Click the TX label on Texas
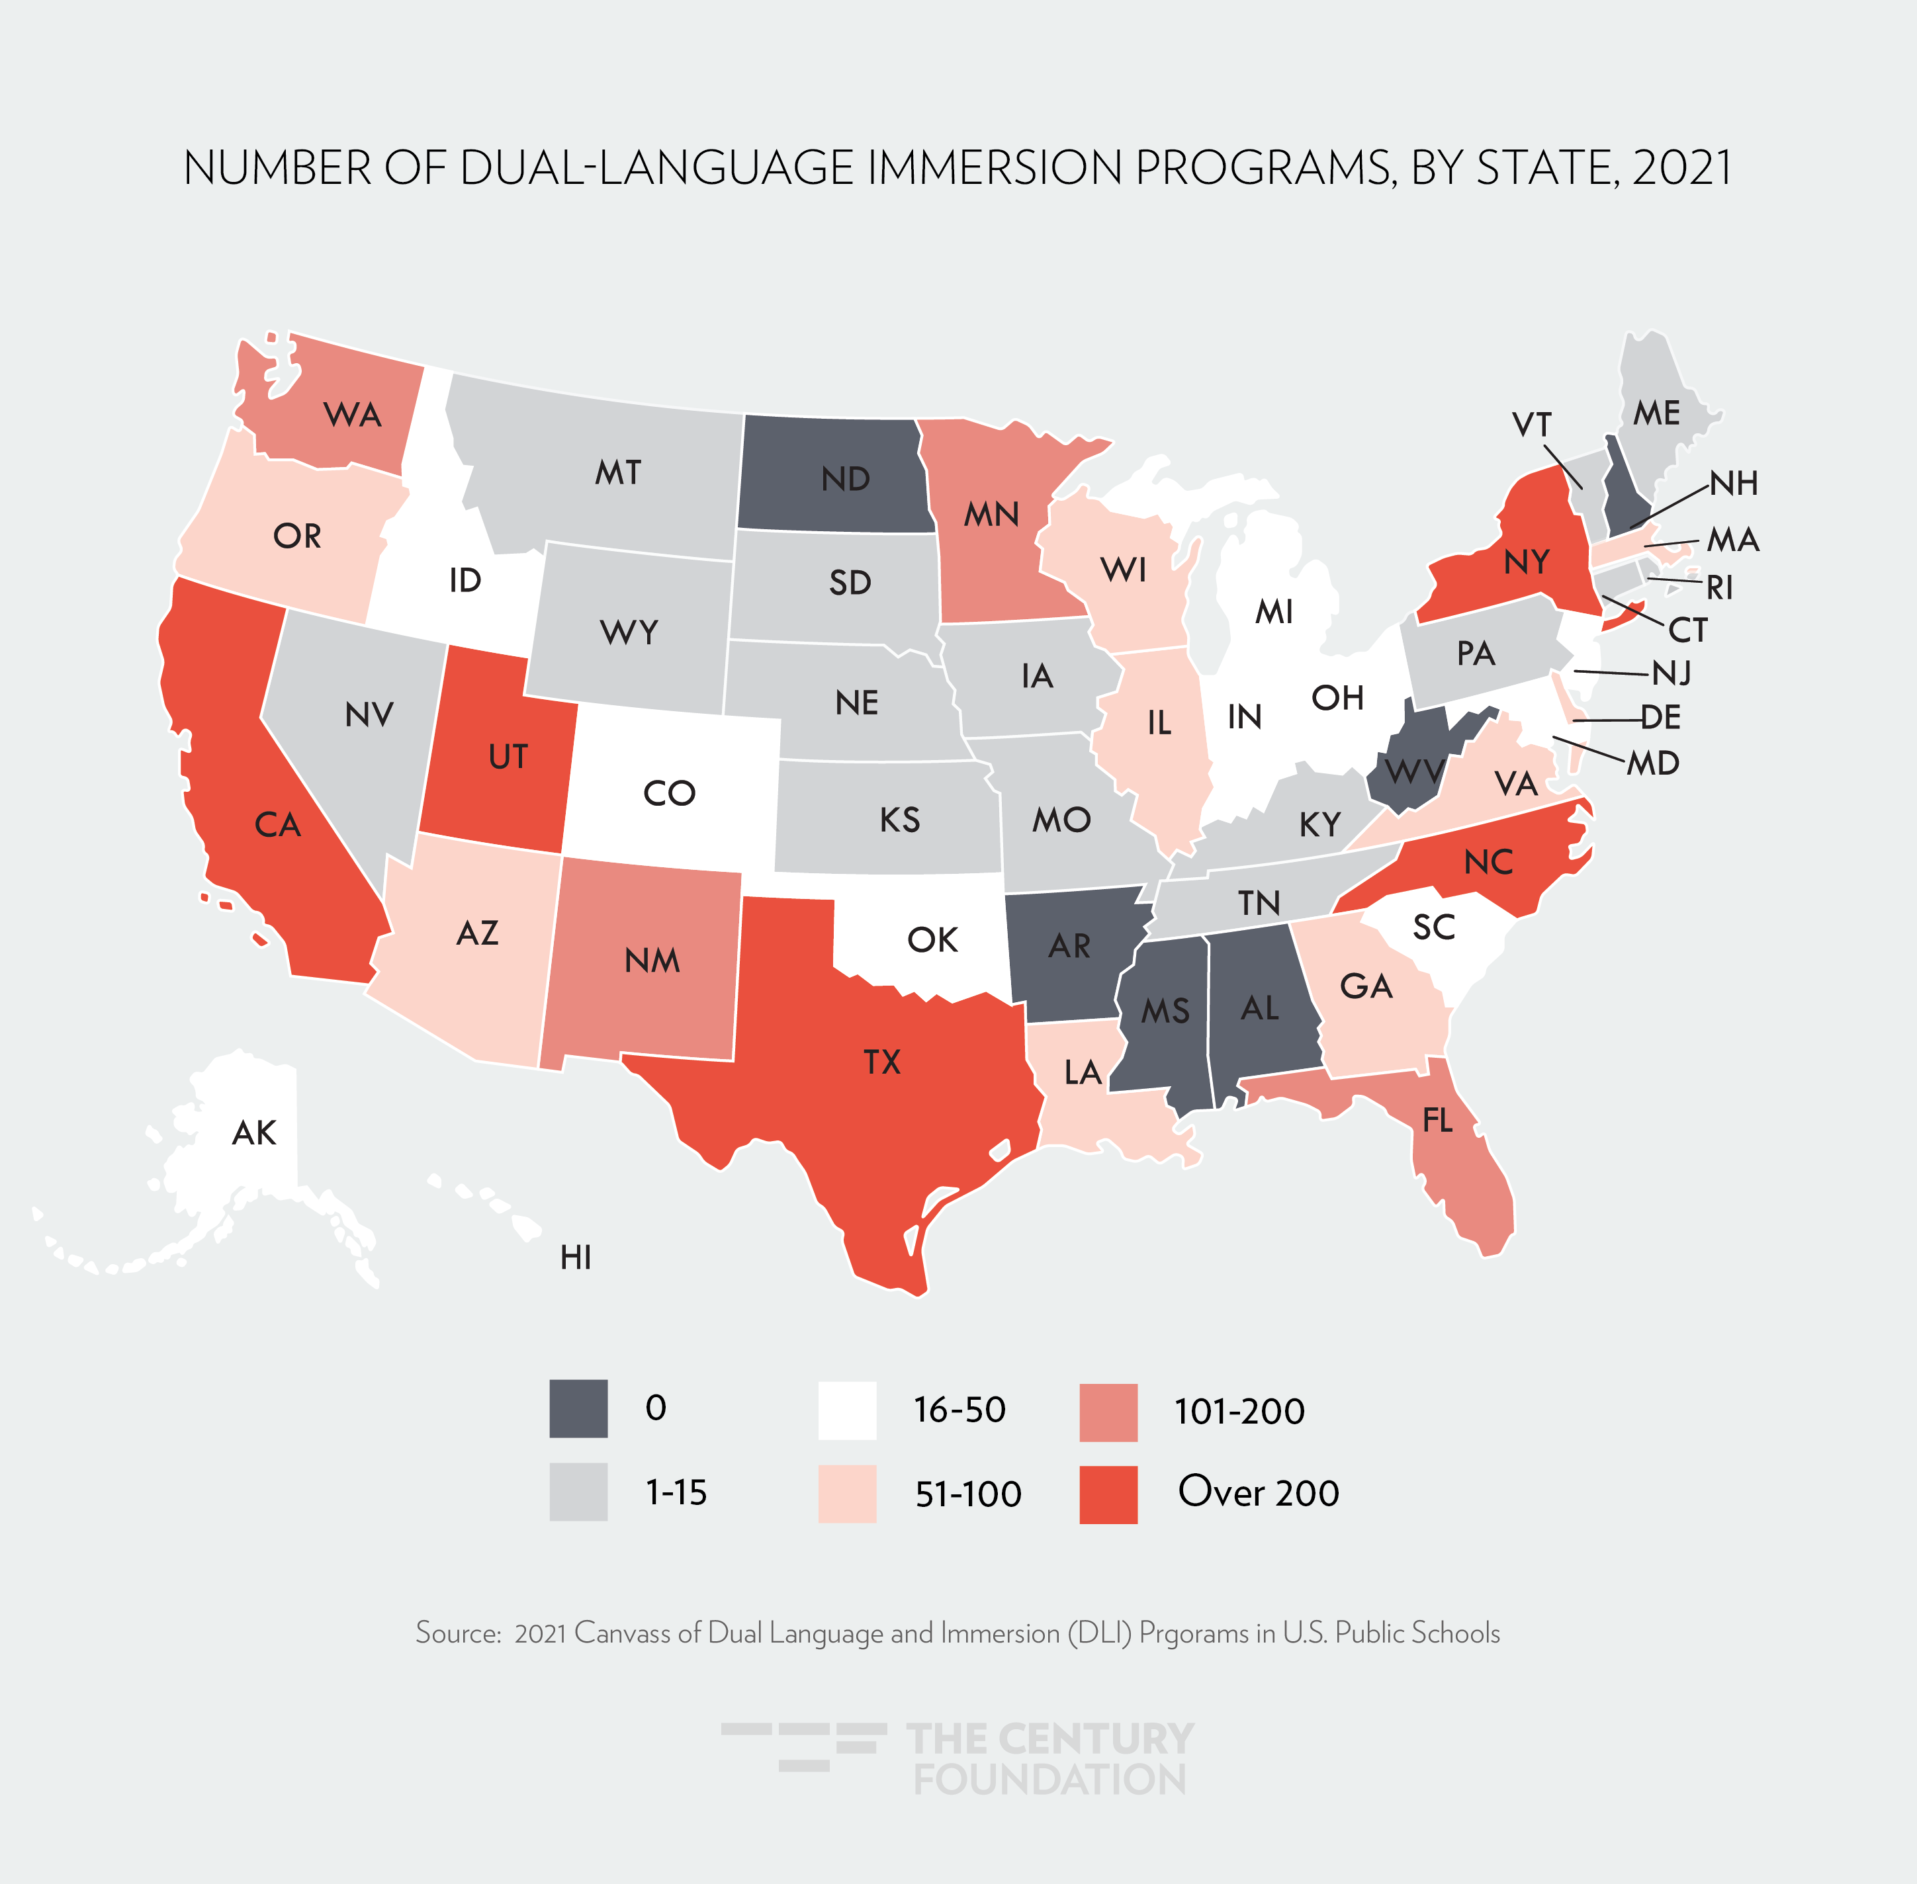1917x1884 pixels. point(882,1062)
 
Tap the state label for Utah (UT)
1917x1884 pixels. point(508,757)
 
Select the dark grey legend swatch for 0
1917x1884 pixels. point(578,1409)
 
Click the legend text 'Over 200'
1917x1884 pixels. point(1258,1492)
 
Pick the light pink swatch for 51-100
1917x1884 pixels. point(847,1493)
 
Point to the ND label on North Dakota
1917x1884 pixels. point(845,479)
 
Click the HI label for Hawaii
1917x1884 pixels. point(575,1258)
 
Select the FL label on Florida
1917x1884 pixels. point(1437,1120)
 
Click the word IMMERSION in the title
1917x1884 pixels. point(995,168)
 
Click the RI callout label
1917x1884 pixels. point(1720,588)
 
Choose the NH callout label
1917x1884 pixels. point(1734,483)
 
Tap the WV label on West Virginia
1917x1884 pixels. point(1414,771)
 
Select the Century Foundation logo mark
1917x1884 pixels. point(803,1746)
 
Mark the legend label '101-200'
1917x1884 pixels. point(1239,1411)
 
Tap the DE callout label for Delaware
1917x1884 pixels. point(1661,717)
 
